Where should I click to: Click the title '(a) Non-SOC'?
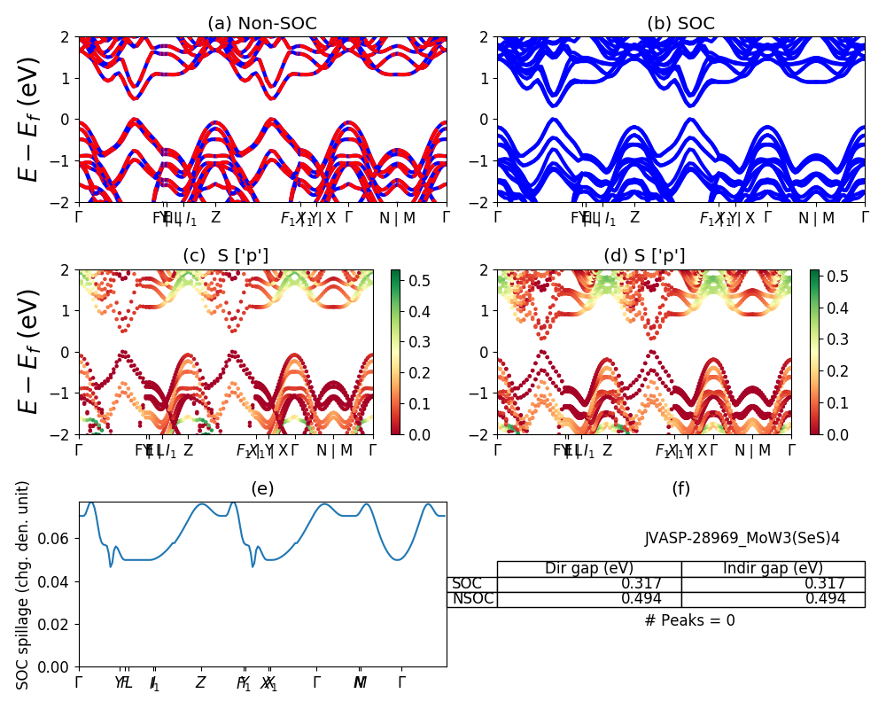[x=262, y=24]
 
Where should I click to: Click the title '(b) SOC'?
[x=680, y=24]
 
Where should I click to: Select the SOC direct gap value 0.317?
[x=651, y=584]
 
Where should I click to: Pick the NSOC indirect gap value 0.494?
[x=825, y=599]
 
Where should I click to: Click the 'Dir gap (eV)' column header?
[x=588, y=569]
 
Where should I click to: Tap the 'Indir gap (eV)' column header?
[x=773, y=569]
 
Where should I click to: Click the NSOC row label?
[x=472, y=599]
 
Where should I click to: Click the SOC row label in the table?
[x=467, y=584]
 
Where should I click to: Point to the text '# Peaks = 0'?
[x=689, y=620]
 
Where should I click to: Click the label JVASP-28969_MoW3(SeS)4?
[x=742, y=538]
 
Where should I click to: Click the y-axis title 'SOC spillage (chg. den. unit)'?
[x=24, y=585]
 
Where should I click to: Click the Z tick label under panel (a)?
[x=215, y=218]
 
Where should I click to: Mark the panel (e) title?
[x=262, y=488]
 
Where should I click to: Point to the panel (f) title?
[x=680, y=488]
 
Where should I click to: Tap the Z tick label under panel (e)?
[x=201, y=683]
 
